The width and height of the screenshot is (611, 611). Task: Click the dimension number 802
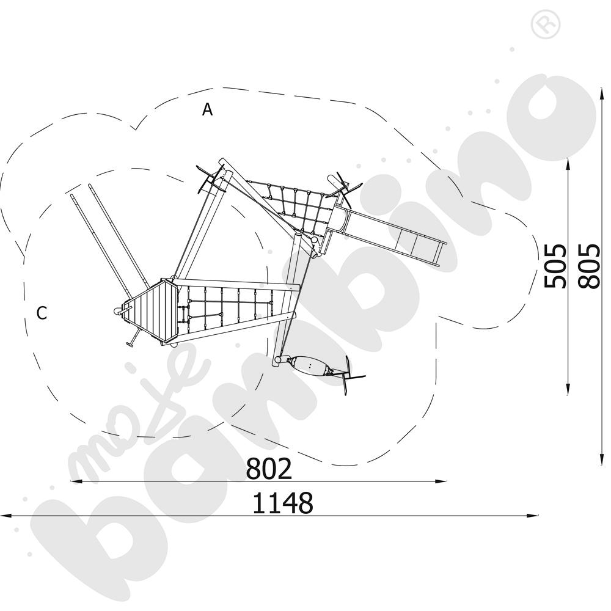(269, 469)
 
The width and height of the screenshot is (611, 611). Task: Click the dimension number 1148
(283, 503)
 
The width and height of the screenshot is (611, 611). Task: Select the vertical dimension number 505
(555, 266)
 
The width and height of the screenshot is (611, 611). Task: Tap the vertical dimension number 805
(588, 266)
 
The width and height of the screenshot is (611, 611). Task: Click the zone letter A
(207, 109)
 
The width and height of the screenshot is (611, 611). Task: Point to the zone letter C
(42, 312)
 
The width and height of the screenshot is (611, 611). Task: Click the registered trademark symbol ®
(545, 24)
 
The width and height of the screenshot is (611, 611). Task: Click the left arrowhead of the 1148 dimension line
(5, 516)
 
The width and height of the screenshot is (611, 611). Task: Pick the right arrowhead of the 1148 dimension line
(533, 516)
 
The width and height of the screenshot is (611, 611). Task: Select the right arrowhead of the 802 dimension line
(441, 481)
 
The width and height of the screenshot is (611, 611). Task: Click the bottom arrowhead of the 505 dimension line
(568, 389)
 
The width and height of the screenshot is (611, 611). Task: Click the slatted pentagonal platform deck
(151, 312)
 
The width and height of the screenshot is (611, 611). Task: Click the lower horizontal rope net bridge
(230, 307)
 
